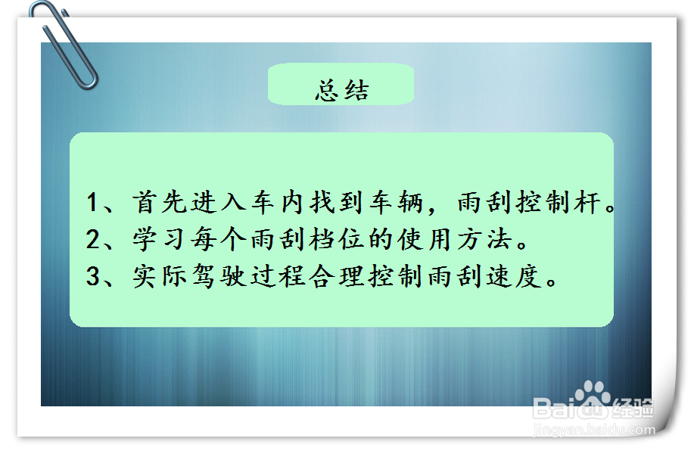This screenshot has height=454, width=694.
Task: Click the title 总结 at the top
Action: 341,91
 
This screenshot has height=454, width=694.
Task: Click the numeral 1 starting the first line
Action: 93,203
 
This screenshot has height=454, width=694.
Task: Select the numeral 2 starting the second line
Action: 93,240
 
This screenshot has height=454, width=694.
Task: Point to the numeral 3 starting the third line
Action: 93,277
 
